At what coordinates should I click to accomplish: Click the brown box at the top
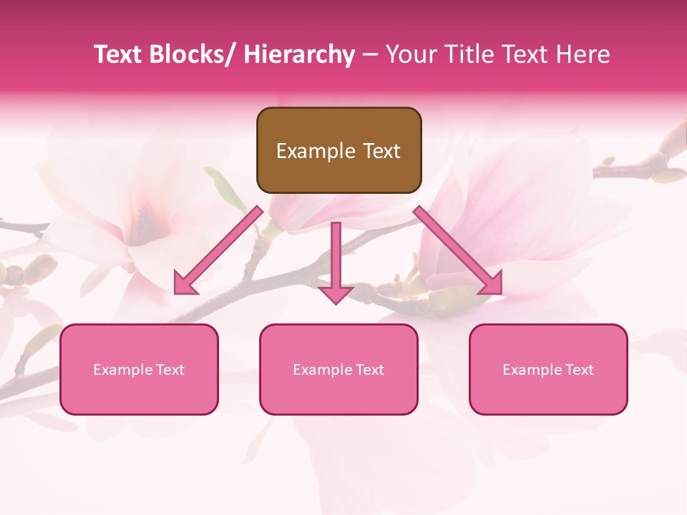pos(338,150)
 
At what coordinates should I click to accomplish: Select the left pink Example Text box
pos(139,369)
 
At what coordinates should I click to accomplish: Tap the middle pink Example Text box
pos(338,369)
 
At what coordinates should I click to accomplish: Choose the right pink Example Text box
pos(548,369)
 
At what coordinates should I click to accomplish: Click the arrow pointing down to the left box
pos(218,250)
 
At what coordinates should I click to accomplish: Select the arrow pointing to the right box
pos(458,250)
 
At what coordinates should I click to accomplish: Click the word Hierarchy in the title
pos(299,54)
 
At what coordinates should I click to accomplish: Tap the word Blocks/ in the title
pos(193,54)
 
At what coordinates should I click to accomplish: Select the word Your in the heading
pos(409,54)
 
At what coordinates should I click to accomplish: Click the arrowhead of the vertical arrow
pos(336,295)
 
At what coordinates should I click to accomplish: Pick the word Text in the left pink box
pos(168,369)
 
